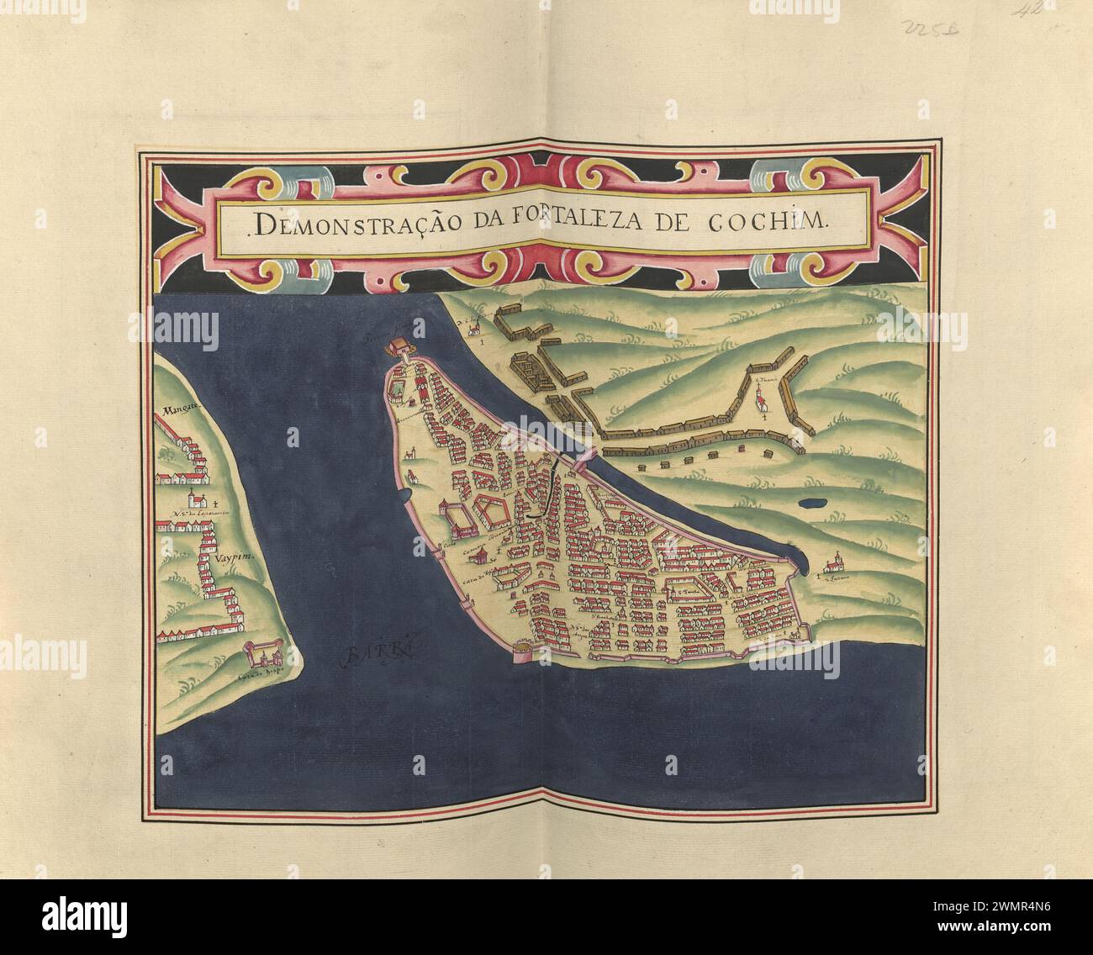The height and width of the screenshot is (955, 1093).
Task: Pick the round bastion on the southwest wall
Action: [x=522, y=652]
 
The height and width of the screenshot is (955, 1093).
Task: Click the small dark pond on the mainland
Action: [x=810, y=504]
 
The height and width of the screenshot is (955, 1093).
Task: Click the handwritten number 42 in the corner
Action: [x=1028, y=11]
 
